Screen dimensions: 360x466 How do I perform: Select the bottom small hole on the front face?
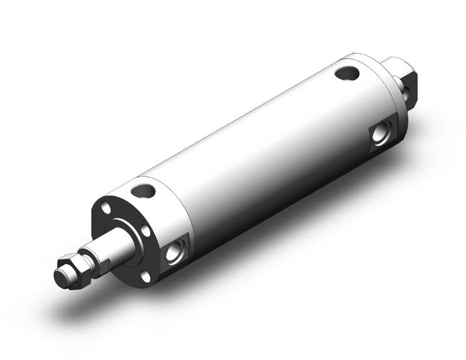(x=144, y=276)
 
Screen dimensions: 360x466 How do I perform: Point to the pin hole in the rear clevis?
(x=408, y=93)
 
